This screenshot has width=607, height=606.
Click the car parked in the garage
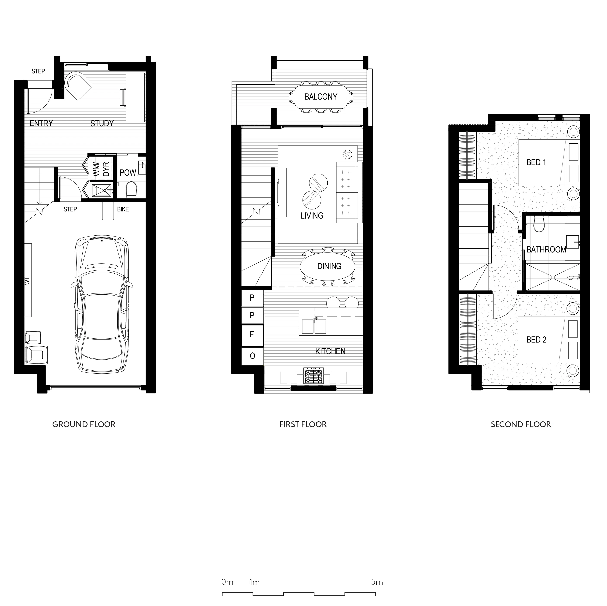(x=101, y=305)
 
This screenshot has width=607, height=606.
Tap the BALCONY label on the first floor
(x=320, y=97)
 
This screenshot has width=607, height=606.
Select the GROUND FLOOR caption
(x=84, y=424)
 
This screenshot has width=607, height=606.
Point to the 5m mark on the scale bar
(x=377, y=582)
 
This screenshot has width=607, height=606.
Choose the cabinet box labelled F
(x=252, y=335)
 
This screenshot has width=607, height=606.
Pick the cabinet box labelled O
(x=252, y=356)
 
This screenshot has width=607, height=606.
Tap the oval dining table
(x=328, y=267)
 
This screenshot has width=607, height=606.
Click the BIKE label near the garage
(x=123, y=209)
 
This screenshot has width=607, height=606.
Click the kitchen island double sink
(x=314, y=326)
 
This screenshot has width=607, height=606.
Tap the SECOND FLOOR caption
(x=521, y=424)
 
